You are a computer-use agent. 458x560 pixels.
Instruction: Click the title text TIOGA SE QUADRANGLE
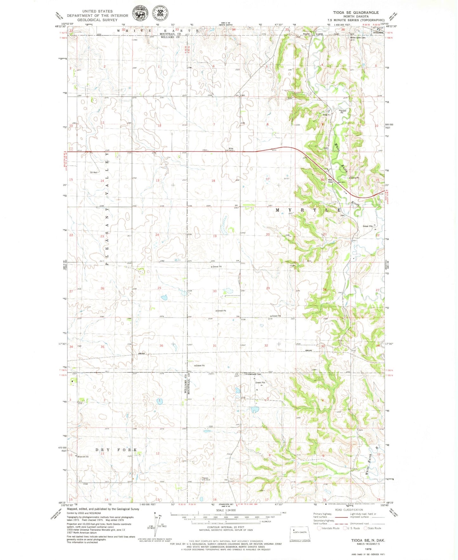coord(356,12)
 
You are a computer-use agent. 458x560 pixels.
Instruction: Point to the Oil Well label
coord(94,172)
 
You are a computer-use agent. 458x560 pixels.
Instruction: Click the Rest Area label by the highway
coord(330,181)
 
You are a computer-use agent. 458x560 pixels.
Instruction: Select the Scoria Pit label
coord(355,178)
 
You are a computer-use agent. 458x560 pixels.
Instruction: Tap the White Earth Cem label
coord(358,37)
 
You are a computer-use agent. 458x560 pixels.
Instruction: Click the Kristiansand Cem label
coord(253,374)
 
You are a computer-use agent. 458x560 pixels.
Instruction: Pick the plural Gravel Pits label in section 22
coord(368,226)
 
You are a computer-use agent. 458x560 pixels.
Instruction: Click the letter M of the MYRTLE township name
coord(278,210)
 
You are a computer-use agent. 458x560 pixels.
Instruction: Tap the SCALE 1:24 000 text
coord(226,510)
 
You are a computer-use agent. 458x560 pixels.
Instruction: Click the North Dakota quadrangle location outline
coord(300,532)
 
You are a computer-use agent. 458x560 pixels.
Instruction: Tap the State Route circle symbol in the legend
coord(365,528)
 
